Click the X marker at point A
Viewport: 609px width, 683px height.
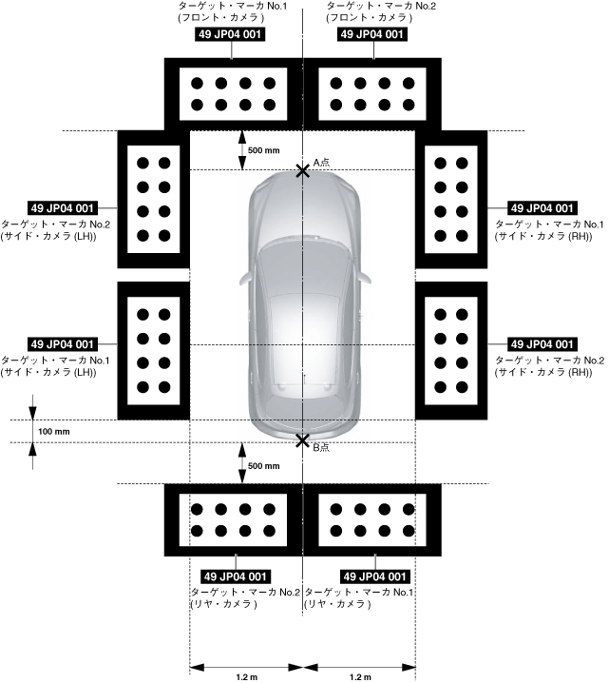[x=302, y=170]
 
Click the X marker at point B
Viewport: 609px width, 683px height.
[x=302, y=440]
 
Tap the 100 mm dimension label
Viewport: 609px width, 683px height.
[x=54, y=432]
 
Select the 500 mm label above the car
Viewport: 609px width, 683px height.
[x=263, y=150]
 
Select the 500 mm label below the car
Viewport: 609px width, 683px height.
[x=263, y=466]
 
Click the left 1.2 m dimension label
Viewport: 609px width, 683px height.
[x=247, y=676]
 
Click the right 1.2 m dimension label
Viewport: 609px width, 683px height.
[x=359, y=676]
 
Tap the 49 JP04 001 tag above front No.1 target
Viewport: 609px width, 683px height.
[x=229, y=35]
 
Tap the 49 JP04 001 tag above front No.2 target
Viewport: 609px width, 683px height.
[x=373, y=35]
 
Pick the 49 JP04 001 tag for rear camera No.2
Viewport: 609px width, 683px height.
[x=233, y=576]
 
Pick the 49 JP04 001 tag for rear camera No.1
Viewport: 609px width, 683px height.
[x=373, y=576]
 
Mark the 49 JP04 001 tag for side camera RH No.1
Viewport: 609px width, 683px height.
[x=542, y=208]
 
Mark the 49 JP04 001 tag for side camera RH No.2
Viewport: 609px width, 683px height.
[x=542, y=344]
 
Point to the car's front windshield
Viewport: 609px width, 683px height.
[x=302, y=251]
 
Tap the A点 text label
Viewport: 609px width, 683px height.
[x=321, y=163]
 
